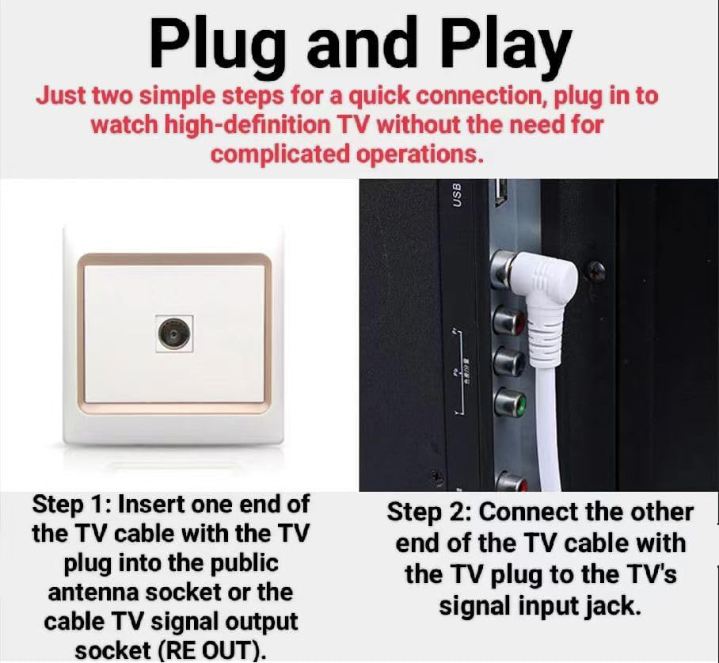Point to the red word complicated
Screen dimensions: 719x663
coord(281,153)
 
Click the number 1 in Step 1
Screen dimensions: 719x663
coord(100,505)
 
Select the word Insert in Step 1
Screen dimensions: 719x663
coord(150,505)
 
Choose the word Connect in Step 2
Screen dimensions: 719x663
coord(524,512)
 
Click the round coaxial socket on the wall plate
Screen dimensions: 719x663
coord(173,333)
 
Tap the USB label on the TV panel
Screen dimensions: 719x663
coord(456,195)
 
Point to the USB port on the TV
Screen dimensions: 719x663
coord(500,192)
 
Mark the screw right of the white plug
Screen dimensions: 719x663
coord(595,271)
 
